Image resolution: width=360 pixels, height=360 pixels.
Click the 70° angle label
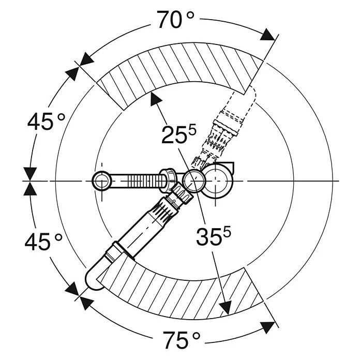click(176, 20)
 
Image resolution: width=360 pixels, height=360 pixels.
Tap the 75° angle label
click(182, 340)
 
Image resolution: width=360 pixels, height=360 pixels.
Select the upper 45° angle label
click(47, 122)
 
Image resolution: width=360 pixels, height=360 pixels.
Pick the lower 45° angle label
click(43, 241)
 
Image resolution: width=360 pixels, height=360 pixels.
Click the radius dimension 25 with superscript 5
click(179, 134)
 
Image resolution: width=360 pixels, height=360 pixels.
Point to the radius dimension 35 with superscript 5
click(214, 236)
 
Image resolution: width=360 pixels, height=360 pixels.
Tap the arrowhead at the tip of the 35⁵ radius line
click(226, 307)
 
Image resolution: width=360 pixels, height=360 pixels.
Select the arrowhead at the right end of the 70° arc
click(268, 35)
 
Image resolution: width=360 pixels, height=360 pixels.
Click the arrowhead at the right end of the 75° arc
click(268, 327)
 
